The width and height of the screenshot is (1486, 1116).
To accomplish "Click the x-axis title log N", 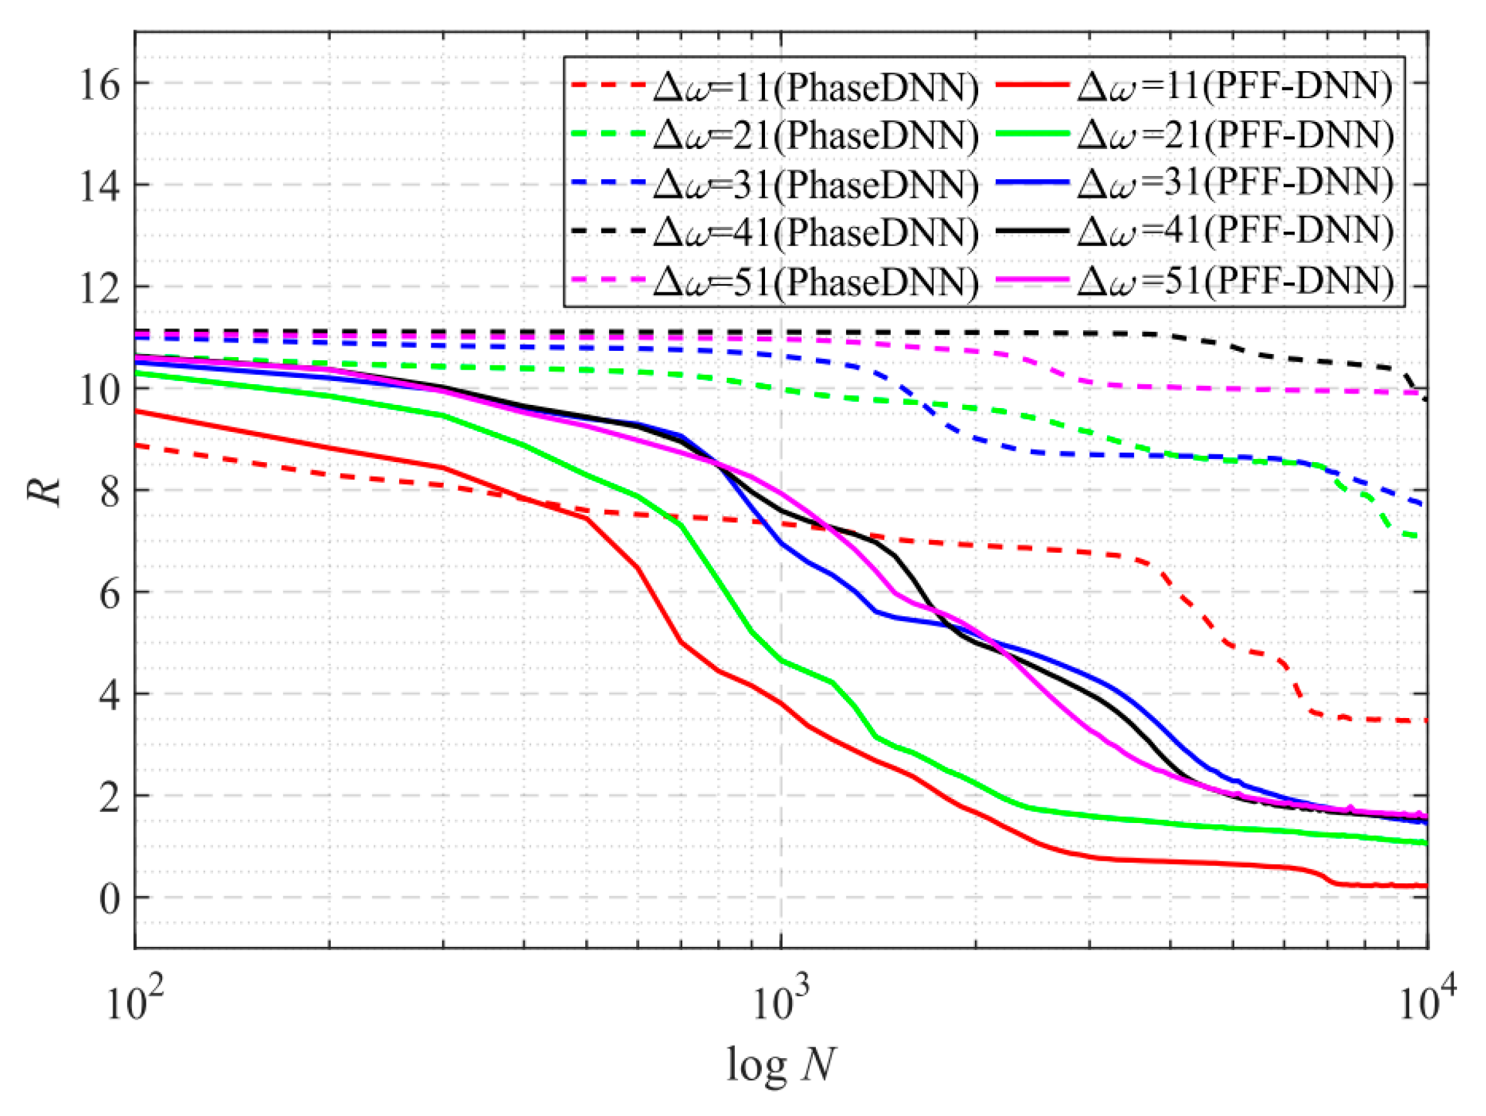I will point(781,1064).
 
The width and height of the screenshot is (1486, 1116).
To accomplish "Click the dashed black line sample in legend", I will point(607,232).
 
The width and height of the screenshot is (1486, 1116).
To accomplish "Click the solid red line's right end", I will point(1426,885).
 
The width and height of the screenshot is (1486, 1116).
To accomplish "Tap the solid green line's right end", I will point(1426,843).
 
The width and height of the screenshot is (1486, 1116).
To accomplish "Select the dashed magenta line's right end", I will point(1426,392).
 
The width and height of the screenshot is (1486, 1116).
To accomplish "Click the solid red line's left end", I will point(136,411).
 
